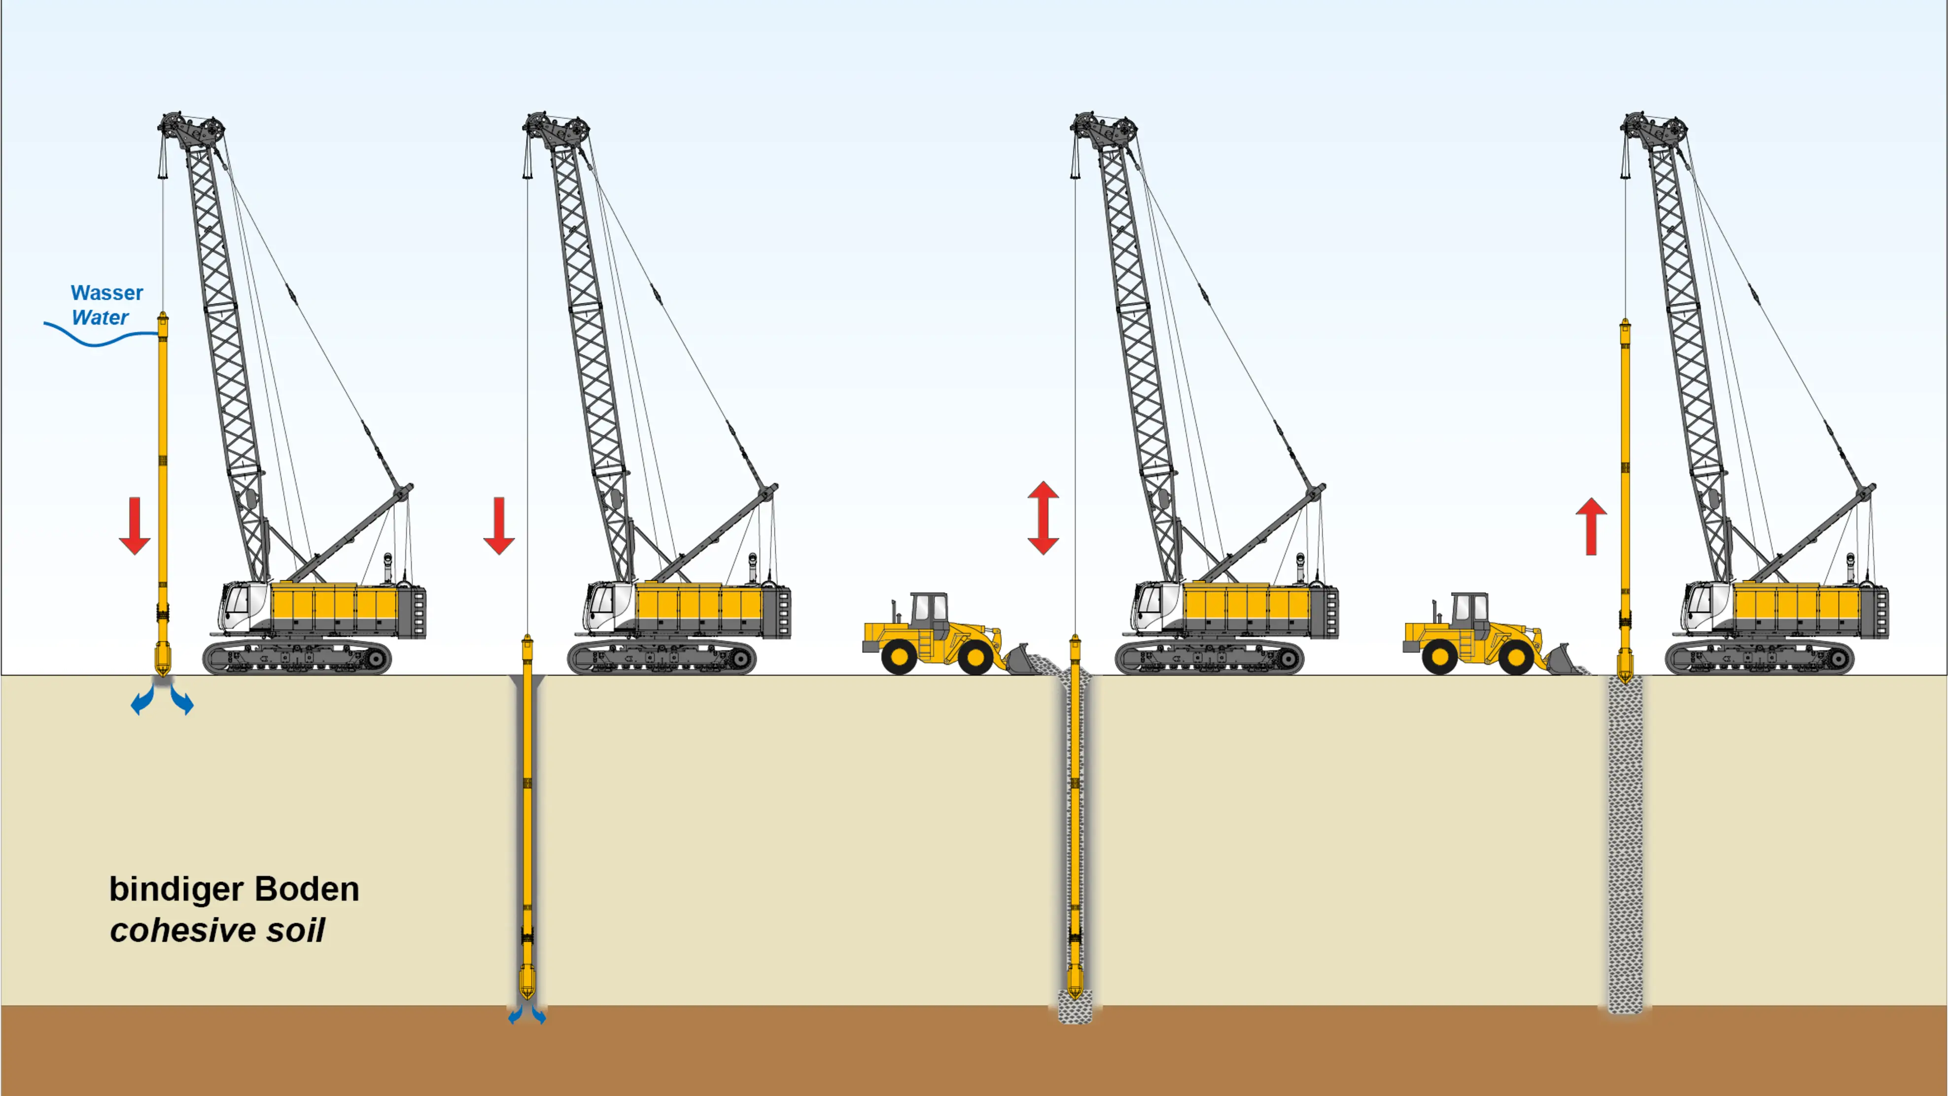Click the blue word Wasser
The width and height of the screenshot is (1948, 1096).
coord(106,293)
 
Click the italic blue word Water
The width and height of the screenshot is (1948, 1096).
coord(100,318)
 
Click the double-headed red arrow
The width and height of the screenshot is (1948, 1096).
coord(1043,518)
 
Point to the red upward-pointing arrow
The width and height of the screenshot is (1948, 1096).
coord(1591,527)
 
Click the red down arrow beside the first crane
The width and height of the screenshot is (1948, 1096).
coord(135,526)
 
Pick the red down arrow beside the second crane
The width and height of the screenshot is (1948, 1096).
coord(499,526)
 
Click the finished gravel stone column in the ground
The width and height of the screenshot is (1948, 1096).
coord(1625,844)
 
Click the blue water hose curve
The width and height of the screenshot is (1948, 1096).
coord(101,335)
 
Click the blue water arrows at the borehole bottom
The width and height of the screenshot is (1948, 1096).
coord(527,1014)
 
